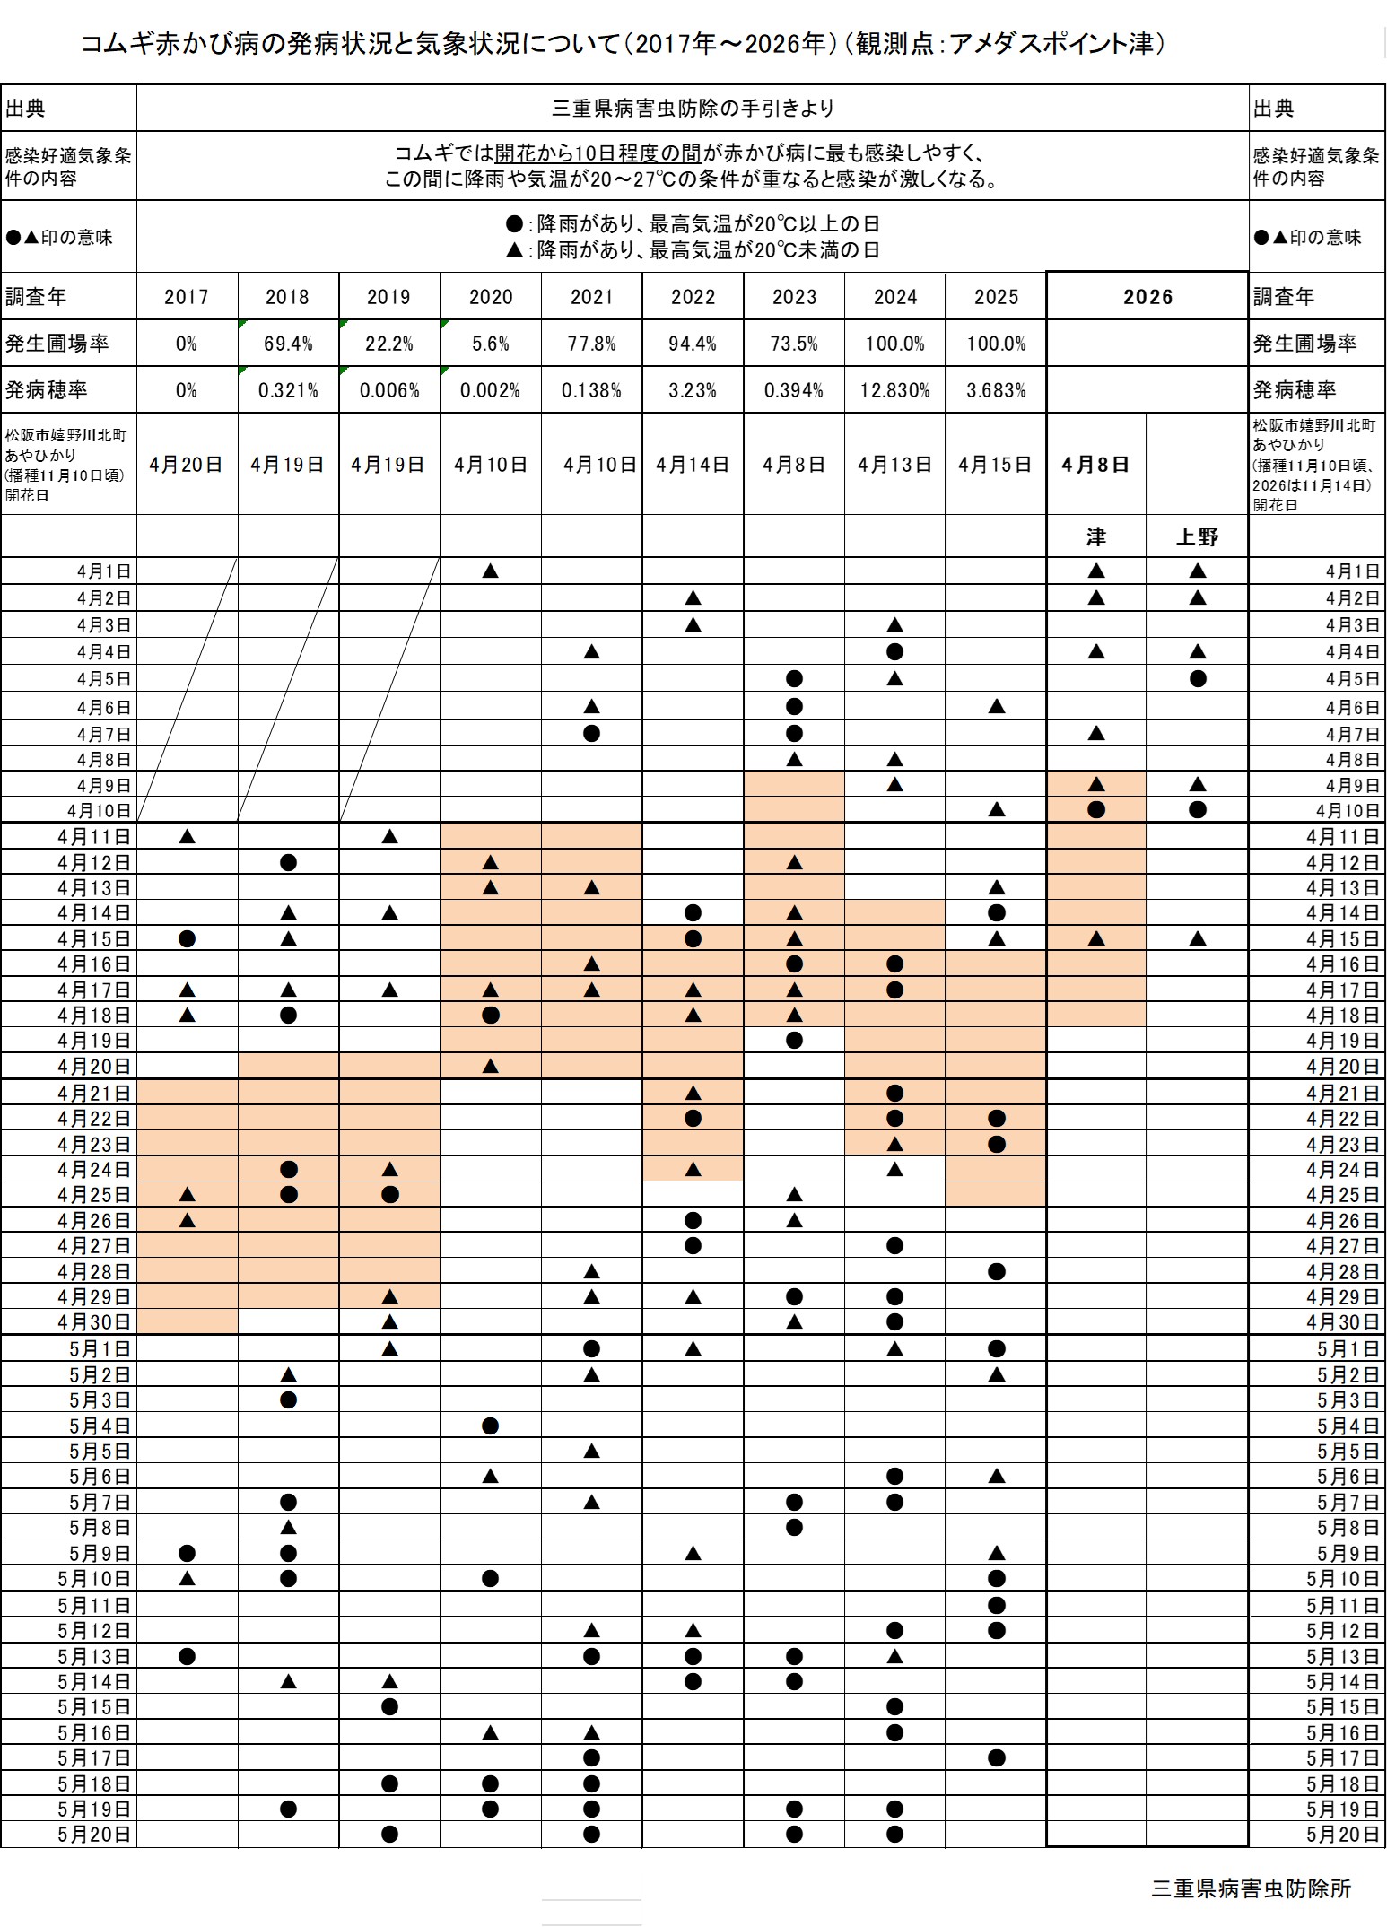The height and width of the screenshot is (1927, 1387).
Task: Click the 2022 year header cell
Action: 693,297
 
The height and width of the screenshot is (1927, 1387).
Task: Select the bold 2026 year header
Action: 1147,297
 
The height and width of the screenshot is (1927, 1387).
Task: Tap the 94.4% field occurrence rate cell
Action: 693,344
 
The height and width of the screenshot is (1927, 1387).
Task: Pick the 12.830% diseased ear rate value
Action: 894,390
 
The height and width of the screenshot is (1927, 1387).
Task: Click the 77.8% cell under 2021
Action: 591,344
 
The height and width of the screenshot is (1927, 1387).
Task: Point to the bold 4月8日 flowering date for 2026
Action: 1095,464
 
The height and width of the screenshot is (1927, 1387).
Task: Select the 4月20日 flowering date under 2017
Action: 187,464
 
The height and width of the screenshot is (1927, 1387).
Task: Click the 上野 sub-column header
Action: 1197,536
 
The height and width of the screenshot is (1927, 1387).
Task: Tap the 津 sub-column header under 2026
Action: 1095,536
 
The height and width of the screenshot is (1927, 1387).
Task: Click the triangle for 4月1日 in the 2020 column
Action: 490,571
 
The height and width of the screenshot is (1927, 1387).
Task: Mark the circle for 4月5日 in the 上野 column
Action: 1197,679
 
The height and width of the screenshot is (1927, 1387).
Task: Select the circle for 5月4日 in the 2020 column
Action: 490,1426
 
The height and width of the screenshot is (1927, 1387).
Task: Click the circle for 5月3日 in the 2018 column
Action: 288,1399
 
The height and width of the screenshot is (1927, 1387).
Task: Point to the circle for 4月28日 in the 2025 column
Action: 996,1271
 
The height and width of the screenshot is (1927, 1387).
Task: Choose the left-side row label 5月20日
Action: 94,1835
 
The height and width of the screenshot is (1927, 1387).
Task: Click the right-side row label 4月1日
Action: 1352,571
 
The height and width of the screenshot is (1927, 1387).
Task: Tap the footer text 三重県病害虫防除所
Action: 1251,1888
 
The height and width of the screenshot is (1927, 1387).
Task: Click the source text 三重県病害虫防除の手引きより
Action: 693,109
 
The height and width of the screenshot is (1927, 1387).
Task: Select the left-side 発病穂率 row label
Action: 47,390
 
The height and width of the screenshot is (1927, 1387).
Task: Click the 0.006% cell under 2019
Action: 389,390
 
